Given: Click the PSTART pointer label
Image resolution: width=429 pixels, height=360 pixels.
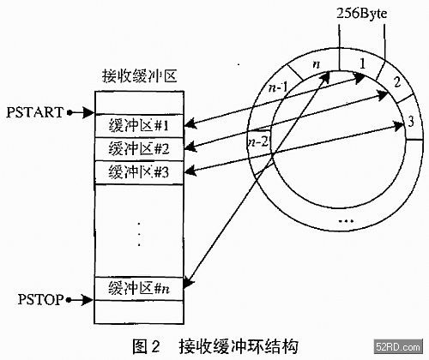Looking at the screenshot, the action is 34,112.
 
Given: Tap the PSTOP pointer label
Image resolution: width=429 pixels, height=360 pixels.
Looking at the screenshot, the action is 40,299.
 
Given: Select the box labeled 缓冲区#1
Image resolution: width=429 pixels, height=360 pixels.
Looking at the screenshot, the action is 139,126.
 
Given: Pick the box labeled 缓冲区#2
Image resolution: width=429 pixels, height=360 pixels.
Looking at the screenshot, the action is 139,149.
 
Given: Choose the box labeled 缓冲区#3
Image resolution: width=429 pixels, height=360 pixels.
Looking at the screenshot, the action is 139,172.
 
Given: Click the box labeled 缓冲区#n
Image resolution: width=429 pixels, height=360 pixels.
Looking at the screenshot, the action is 139,289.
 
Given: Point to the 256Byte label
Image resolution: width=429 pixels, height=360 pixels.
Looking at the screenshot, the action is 361,13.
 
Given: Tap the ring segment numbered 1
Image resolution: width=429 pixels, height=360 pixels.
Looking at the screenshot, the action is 361,63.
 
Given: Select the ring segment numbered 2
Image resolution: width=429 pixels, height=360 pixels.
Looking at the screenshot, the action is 396,82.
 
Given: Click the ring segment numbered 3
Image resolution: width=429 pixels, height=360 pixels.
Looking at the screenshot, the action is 411,122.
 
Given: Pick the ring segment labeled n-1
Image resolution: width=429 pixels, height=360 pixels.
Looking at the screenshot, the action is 277,87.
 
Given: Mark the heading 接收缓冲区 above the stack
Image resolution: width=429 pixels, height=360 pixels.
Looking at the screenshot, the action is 140,76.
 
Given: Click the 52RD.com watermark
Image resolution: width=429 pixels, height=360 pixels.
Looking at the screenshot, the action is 398,347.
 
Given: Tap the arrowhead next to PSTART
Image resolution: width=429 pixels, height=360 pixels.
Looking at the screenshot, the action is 88,112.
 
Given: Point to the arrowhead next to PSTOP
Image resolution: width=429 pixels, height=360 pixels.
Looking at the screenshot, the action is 88,300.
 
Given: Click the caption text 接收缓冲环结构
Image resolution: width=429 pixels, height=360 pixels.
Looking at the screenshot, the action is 239,346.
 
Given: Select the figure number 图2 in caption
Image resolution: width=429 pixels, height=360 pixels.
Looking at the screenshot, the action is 146,346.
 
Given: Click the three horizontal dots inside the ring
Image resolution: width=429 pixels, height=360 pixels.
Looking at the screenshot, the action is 346,221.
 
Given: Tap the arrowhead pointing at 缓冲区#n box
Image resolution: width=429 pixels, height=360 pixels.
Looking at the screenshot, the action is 188,282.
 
